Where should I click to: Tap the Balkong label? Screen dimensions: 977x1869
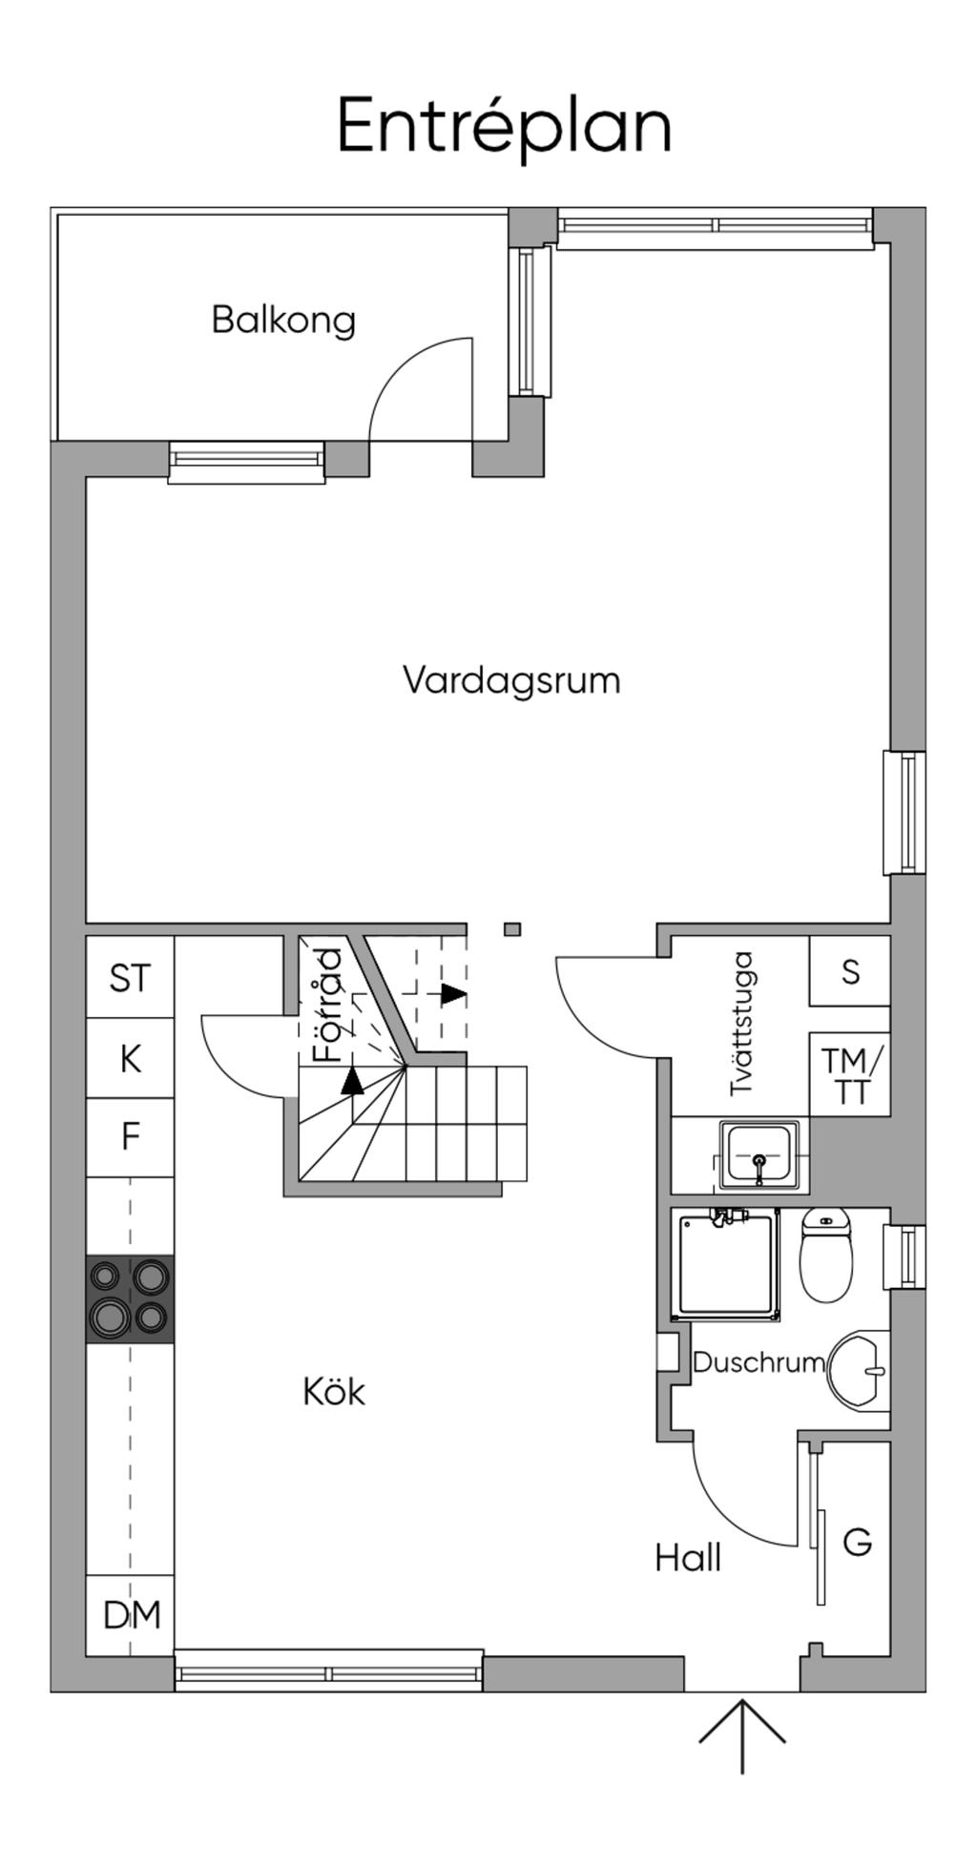(x=283, y=320)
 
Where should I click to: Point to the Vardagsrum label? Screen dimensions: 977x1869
(x=511, y=680)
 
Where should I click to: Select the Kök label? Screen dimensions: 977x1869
(x=334, y=1392)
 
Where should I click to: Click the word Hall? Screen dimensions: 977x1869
(x=688, y=1559)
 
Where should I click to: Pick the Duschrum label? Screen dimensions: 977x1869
(x=759, y=1362)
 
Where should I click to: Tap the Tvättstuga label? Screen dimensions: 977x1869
(x=742, y=1023)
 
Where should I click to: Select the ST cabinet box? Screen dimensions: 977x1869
(x=130, y=978)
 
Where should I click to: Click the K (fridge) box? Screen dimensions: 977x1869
(x=130, y=1059)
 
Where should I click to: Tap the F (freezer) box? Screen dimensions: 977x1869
(x=130, y=1137)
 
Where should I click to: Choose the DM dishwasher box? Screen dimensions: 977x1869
(x=131, y=1615)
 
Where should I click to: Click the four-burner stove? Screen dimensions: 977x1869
(x=130, y=1299)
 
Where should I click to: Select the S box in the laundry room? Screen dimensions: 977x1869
(x=850, y=971)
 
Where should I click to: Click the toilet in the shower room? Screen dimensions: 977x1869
(x=826, y=1256)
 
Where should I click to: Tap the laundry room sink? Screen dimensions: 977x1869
(x=759, y=1155)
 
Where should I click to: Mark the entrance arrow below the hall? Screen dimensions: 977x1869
(x=742, y=1734)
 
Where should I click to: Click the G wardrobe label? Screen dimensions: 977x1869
(x=858, y=1542)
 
